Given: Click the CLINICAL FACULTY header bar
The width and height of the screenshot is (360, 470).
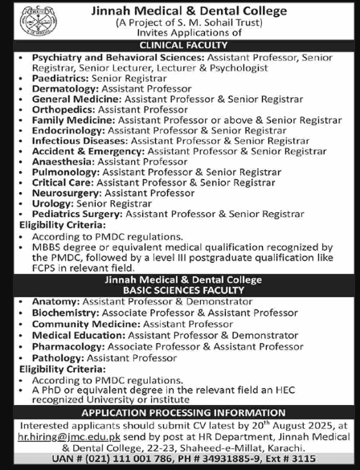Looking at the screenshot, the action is pos(180,47).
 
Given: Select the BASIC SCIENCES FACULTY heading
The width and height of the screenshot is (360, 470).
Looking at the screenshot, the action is pos(180,292).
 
